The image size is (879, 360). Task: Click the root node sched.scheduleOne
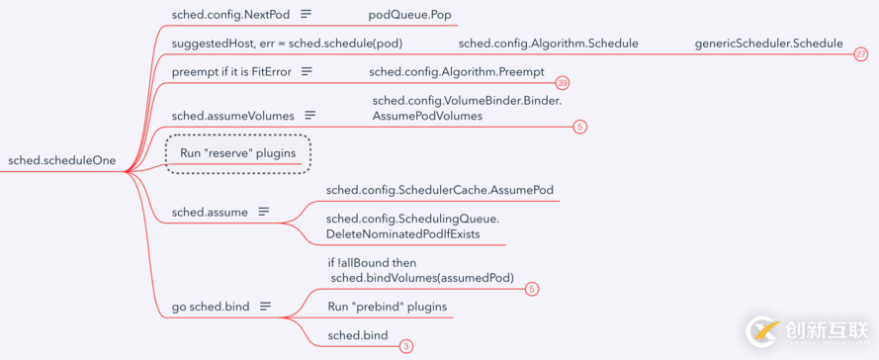pyautogui.click(x=61, y=160)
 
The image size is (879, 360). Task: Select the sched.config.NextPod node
pyautogui.click(x=230, y=15)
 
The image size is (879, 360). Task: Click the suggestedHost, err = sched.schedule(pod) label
pyautogui.click(x=287, y=44)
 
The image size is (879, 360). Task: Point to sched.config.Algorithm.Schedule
pyautogui.click(x=548, y=44)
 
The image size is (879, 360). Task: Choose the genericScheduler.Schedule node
pyautogui.click(x=768, y=44)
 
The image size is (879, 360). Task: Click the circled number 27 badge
pyautogui.click(x=861, y=54)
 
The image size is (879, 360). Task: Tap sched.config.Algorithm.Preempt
pyautogui.click(x=456, y=71)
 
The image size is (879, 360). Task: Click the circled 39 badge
pyautogui.click(x=563, y=83)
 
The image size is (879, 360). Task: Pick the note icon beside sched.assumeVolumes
pyautogui.click(x=310, y=116)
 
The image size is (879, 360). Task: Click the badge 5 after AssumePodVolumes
pyautogui.click(x=580, y=127)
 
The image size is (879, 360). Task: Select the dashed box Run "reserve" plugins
pyautogui.click(x=237, y=153)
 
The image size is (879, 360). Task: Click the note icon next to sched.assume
pyautogui.click(x=264, y=212)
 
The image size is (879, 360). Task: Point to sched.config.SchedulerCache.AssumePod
pyautogui.click(x=439, y=190)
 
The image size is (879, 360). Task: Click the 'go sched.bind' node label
pyautogui.click(x=211, y=307)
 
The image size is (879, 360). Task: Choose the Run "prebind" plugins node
pyautogui.click(x=387, y=307)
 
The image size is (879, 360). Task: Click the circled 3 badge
pyautogui.click(x=406, y=347)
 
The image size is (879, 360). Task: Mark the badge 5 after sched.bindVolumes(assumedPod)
pyautogui.click(x=532, y=289)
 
